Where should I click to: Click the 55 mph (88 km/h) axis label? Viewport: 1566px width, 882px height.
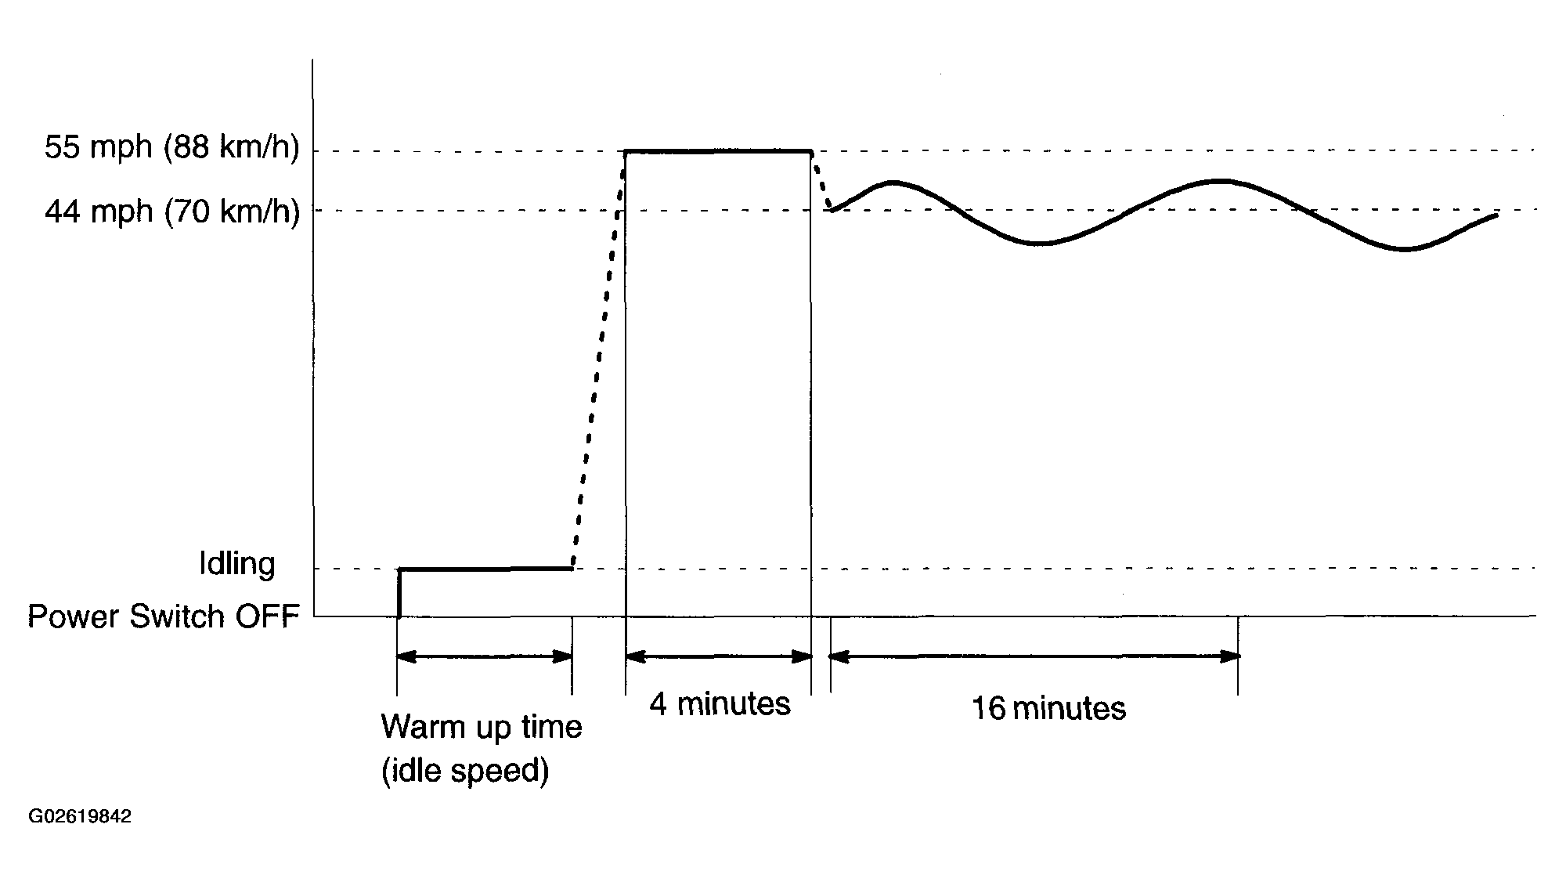171,147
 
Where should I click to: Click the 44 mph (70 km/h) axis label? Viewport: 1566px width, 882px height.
171,211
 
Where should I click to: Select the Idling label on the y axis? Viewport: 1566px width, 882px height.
236,564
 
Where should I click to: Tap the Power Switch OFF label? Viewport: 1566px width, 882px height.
164,616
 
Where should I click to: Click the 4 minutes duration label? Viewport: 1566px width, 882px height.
720,704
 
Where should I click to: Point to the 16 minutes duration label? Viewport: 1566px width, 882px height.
1048,709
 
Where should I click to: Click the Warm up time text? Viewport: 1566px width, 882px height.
482,727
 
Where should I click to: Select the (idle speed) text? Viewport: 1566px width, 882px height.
465,772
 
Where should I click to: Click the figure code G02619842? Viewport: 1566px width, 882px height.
80,817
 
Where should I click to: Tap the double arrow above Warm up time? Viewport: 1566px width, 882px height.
485,656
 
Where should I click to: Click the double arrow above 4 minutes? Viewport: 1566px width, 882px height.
719,656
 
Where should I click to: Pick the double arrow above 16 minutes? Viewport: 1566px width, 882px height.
1034,656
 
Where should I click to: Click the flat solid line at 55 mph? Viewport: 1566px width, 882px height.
718,151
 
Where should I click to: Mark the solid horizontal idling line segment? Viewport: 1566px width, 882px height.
485,569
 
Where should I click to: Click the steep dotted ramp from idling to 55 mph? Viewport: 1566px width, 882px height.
599,360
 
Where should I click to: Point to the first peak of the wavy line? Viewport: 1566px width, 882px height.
893,183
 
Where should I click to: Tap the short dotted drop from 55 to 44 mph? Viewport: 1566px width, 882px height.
821,183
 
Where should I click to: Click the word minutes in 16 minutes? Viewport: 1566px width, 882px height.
1069,709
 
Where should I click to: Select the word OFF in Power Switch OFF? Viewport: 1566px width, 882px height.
267,616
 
